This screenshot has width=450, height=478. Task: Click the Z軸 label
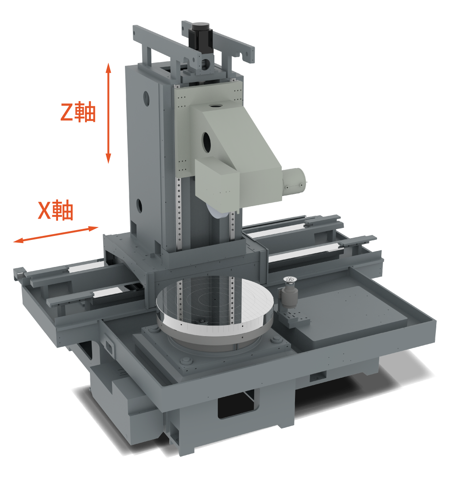click(78, 112)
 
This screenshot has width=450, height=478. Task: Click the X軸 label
click(56, 210)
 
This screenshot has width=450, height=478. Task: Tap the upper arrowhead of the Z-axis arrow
click(108, 68)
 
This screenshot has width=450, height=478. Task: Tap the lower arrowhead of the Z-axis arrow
click(108, 158)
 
